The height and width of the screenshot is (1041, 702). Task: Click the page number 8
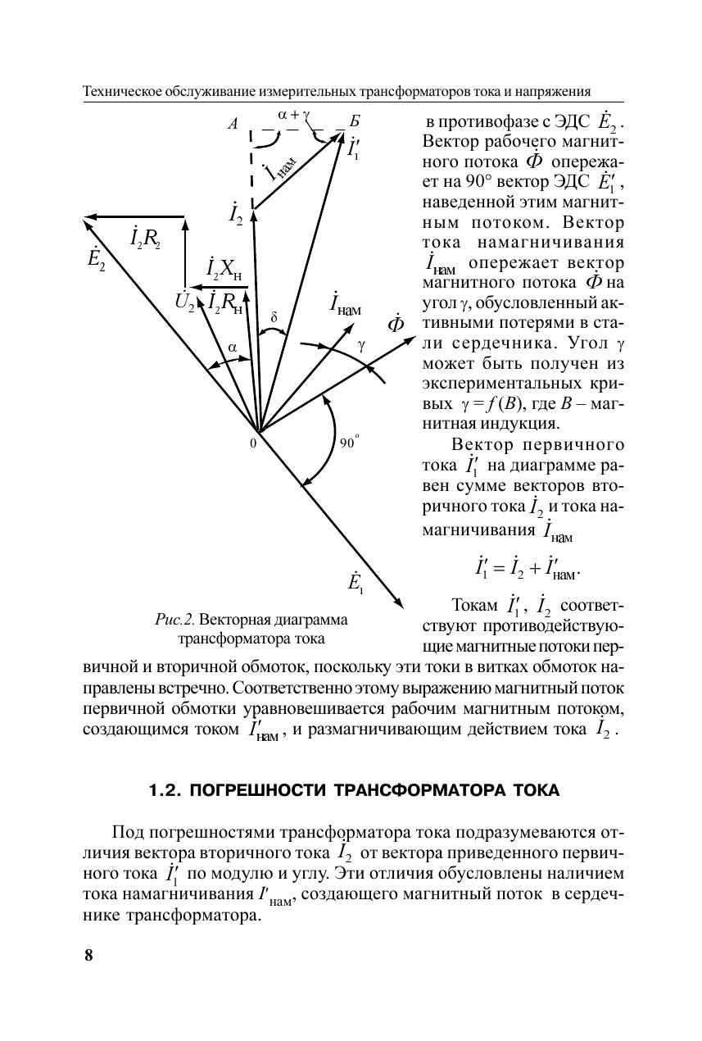(88, 955)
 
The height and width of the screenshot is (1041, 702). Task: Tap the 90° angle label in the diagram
(350, 443)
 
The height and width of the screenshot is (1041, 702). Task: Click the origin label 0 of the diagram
(253, 443)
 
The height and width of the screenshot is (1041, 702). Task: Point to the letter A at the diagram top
(233, 125)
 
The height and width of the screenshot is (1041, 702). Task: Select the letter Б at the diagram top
(354, 124)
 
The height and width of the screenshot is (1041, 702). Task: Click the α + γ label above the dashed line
(293, 116)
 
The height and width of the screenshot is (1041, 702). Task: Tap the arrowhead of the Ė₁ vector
(401, 605)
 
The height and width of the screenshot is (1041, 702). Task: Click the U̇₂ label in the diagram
(184, 302)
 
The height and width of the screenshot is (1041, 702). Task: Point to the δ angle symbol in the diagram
(274, 316)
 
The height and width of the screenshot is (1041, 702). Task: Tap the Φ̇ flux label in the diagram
(396, 324)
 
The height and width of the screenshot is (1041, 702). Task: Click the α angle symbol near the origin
(232, 347)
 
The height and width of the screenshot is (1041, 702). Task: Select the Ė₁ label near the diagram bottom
(356, 584)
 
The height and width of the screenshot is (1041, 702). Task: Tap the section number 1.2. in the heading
(166, 790)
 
